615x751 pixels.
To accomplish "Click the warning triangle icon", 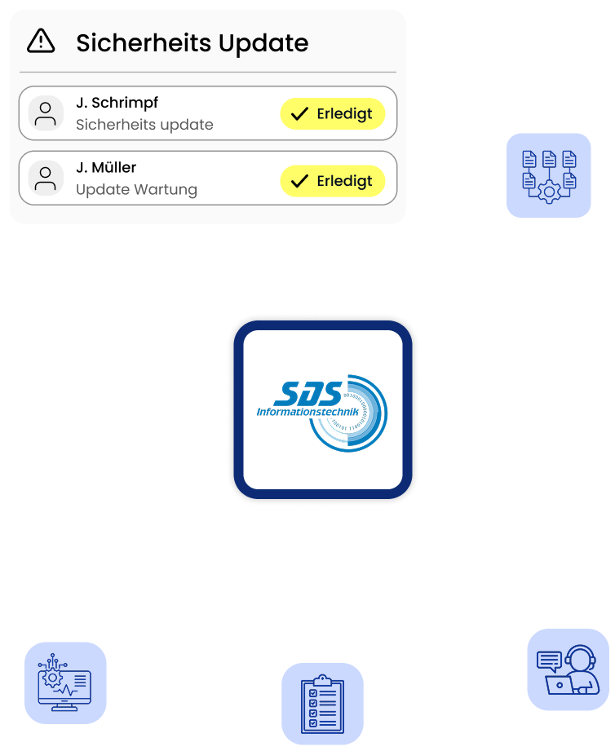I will pyautogui.click(x=41, y=41).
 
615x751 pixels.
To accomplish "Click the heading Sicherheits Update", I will pyautogui.click(x=192, y=42).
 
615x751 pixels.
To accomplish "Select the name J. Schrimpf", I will pyautogui.click(x=117, y=103).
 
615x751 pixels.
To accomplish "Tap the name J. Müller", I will pyautogui.click(x=106, y=167).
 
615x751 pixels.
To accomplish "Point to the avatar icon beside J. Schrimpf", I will pyautogui.click(x=46, y=113).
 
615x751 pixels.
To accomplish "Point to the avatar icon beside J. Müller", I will pyautogui.click(x=46, y=178).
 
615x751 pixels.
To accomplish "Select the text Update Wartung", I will pyautogui.click(x=136, y=189).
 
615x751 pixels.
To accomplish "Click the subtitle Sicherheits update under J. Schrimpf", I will pyautogui.click(x=144, y=125).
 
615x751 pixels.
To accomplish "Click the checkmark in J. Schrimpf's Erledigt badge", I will pyautogui.click(x=300, y=114).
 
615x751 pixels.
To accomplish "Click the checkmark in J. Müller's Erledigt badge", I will pyautogui.click(x=300, y=180).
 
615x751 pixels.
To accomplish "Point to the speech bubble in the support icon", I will pyautogui.click(x=550, y=660).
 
